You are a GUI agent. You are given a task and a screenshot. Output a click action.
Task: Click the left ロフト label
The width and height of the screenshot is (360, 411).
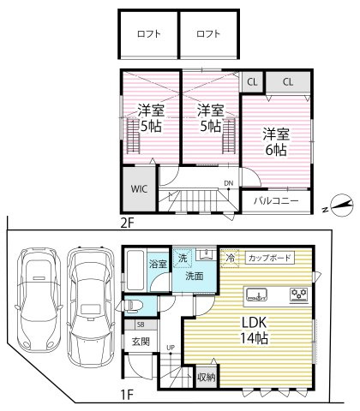click(x=148, y=35)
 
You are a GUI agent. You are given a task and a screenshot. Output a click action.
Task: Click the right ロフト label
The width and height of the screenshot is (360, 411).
click(x=207, y=35)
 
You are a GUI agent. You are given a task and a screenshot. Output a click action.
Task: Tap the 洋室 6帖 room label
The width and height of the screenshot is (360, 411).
click(x=275, y=141)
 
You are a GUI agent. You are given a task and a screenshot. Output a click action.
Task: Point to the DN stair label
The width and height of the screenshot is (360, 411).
click(x=229, y=183)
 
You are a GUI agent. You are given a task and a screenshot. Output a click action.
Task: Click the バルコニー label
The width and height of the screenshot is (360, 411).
click(x=275, y=200)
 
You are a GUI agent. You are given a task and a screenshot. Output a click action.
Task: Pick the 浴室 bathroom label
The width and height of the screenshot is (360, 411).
click(x=158, y=264)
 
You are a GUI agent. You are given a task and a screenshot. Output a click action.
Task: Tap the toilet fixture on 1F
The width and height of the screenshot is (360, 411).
click(x=138, y=306)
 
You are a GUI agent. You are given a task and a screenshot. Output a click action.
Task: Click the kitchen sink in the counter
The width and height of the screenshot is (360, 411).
click(x=260, y=295)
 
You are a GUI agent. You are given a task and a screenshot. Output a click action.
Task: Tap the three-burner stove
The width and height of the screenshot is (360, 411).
click(x=299, y=295)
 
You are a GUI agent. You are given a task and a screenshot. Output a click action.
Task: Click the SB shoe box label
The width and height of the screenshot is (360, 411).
click(x=141, y=325)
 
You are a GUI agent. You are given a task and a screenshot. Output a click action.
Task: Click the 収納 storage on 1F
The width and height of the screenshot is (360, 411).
click(x=206, y=376)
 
